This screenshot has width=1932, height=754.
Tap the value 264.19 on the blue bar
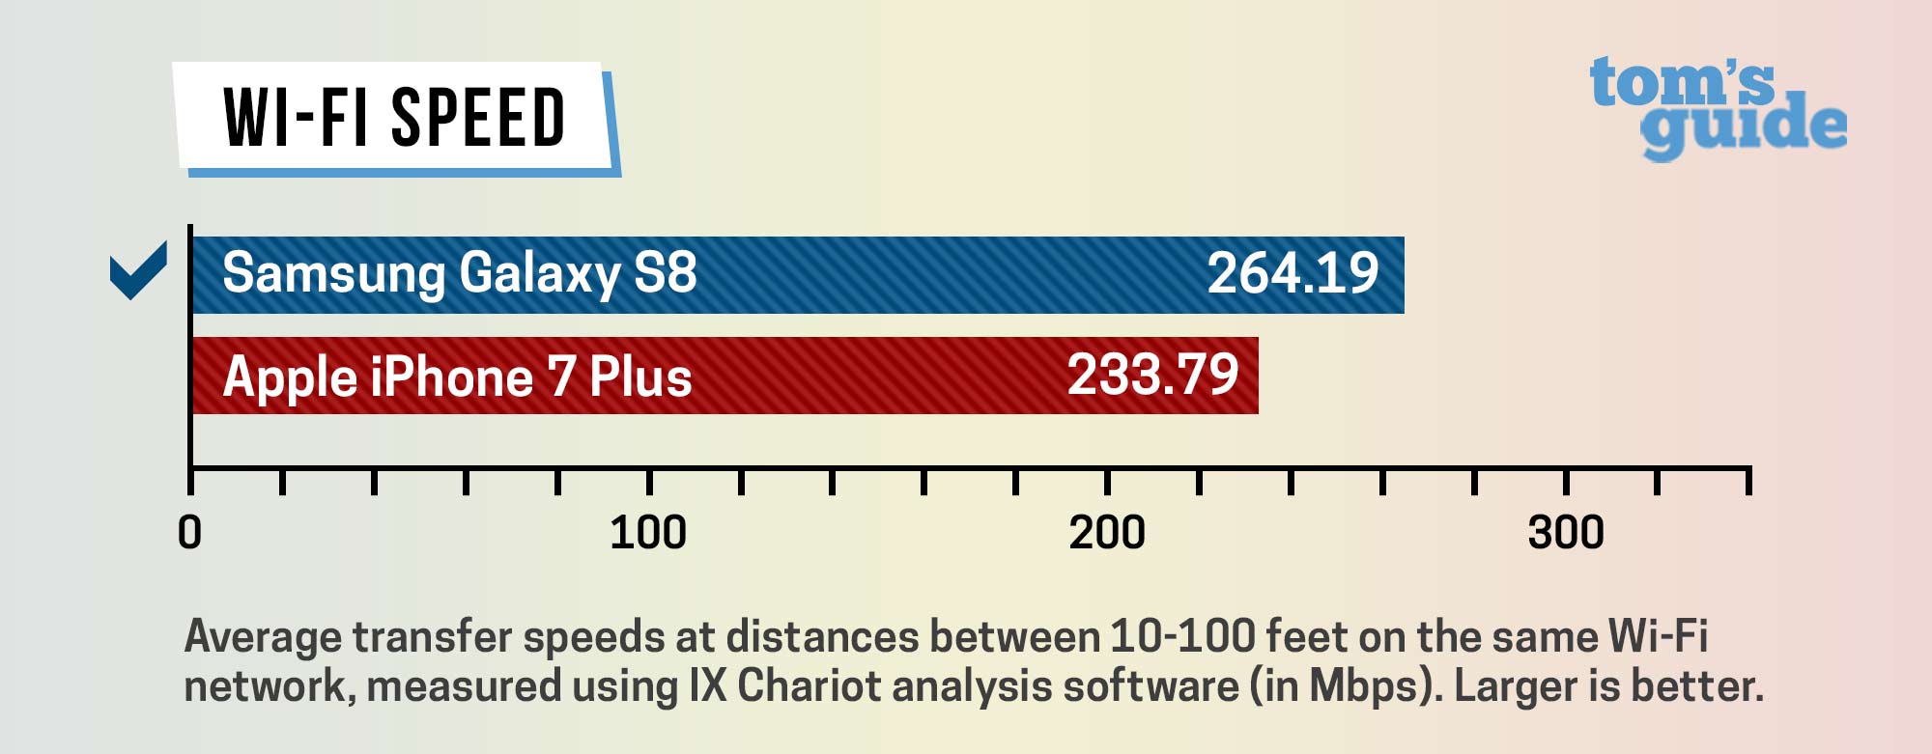tap(1293, 273)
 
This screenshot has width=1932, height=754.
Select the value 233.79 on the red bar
tap(1152, 375)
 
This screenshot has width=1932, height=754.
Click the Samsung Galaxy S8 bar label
tap(460, 273)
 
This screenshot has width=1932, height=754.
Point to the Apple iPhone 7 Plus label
tap(457, 377)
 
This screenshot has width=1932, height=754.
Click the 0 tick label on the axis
tap(190, 533)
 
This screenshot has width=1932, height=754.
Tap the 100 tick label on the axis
tap(648, 533)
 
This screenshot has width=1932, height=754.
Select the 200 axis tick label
tap(1107, 533)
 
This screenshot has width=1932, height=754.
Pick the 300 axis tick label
tap(1566, 533)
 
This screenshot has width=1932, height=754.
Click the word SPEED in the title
tap(478, 118)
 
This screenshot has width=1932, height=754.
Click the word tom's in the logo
tap(1682, 82)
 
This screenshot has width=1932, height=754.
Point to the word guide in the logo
tap(1744, 128)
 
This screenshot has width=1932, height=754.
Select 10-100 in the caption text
tap(1182, 637)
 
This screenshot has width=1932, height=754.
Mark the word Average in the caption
tap(263, 637)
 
